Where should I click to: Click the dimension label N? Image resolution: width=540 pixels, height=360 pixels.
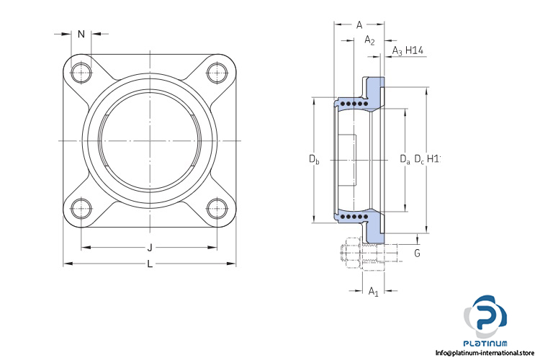click(81, 34)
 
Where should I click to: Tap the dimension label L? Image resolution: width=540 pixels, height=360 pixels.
click(150, 264)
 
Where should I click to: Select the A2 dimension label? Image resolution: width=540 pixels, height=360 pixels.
click(370, 40)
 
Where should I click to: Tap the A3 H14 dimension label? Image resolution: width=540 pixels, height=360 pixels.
click(408, 50)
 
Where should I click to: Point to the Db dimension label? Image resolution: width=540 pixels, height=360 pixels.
click(314, 158)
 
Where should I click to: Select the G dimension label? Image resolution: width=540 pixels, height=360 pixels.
click(417, 253)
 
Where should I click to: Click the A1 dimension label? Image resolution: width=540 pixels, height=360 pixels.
click(373, 292)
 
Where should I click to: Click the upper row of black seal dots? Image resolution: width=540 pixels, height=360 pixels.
click(356, 104)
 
